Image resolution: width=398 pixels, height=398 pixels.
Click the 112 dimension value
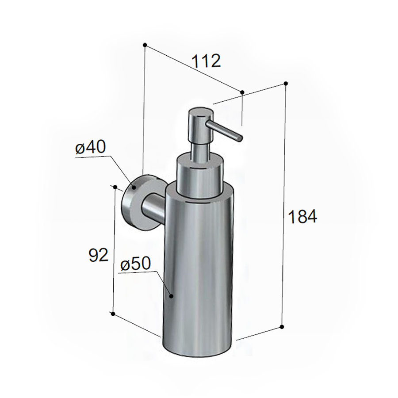click(206, 61)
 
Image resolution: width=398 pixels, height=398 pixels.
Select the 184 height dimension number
click(302, 217)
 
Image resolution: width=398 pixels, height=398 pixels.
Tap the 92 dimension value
click(98, 255)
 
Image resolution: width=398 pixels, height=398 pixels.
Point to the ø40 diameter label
click(91, 148)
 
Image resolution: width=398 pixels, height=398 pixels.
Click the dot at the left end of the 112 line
click(145, 45)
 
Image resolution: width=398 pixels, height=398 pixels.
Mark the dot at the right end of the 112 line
click(242, 92)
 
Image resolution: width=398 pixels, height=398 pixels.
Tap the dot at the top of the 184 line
click(286, 83)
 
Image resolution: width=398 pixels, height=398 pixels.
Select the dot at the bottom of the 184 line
click(282, 327)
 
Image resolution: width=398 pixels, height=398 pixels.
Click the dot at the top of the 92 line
click(115, 187)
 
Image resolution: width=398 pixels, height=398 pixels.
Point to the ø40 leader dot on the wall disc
click(133, 188)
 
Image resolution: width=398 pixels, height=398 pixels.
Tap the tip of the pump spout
click(240, 138)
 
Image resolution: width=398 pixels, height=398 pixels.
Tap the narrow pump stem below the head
click(199, 146)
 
